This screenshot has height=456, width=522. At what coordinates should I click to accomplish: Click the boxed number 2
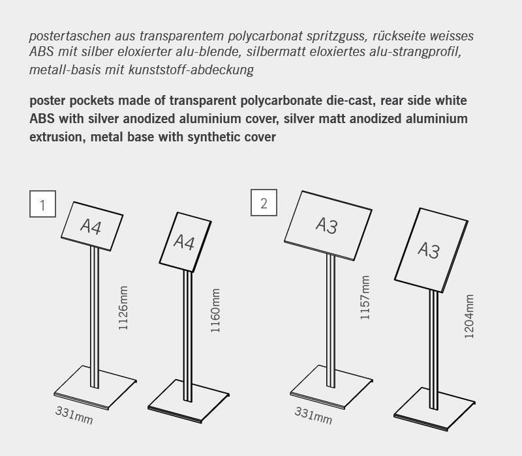pyautogui.click(x=264, y=203)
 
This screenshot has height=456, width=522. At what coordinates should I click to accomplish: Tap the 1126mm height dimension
pyautogui.click(x=123, y=308)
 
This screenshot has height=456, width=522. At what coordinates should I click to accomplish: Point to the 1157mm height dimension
pyautogui.click(x=365, y=297)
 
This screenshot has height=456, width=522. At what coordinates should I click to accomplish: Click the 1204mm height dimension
pyautogui.click(x=468, y=316)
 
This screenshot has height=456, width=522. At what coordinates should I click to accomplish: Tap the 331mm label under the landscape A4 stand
pyautogui.click(x=74, y=414)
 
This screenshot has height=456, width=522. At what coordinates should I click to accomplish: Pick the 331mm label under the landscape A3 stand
pyautogui.click(x=313, y=415)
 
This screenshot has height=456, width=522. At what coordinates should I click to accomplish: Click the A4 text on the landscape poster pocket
pyautogui.click(x=93, y=225)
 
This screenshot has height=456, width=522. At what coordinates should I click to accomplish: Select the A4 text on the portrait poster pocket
pyautogui.click(x=185, y=242)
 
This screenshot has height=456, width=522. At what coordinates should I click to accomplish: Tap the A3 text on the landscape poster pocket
pyautogui.click(x=326, y=225)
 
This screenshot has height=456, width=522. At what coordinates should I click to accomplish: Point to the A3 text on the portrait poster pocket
pyautogui.click(x=429, y=250)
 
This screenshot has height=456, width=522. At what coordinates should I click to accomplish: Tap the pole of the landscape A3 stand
pyautogui.click(x=331, y=313)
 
